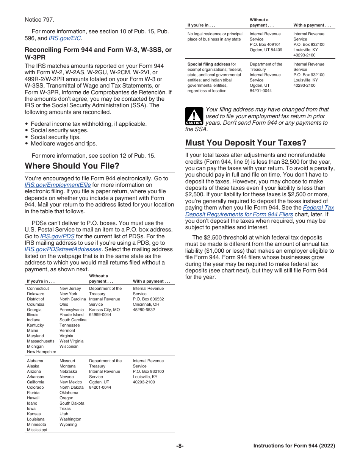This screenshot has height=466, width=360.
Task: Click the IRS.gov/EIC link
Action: pos(65,38)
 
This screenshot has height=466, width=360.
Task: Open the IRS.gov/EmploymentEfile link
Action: pos(58,185)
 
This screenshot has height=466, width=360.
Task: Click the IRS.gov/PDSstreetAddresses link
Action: pos(63,249)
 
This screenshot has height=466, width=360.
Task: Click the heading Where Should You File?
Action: pos(72,166)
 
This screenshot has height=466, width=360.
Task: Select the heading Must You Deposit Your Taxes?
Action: pos(246,143)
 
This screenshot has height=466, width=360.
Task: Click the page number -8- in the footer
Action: pos(180,446)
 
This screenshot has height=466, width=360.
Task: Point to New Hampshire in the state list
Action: pos(41,352)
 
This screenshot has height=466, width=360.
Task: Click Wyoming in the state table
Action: pos(68,424)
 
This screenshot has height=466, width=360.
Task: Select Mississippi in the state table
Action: pos(37,430)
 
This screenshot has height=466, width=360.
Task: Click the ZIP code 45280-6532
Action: pos(144,310)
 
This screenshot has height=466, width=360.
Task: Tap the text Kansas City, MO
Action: pos(104,310)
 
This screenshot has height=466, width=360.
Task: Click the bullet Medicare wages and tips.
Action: pos(64,144)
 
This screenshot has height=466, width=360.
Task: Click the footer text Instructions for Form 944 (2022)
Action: pos(294,446)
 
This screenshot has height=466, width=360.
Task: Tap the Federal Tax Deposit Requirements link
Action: pos(318,208)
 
